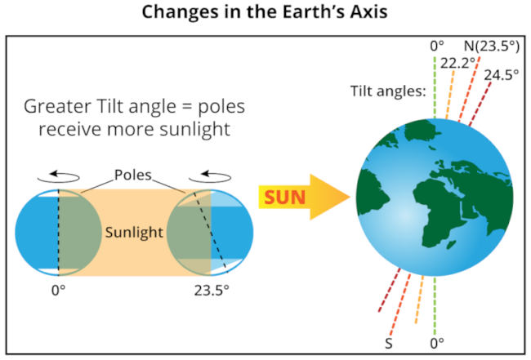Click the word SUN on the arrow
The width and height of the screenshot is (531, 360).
285,198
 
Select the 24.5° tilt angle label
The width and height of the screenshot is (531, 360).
502,75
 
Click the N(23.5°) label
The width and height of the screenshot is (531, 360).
491,46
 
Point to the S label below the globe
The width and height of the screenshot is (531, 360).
389,343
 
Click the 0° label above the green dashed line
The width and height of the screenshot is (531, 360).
437,46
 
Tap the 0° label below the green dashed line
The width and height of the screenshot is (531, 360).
437,343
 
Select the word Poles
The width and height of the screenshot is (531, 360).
132,175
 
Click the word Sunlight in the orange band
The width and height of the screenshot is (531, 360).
134,233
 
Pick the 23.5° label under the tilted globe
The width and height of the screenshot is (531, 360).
212,291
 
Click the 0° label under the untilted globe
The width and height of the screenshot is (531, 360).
58,291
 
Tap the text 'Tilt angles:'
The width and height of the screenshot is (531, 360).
388,91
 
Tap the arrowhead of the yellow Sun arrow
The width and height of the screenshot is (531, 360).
350,197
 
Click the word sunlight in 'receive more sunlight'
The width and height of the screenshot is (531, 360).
194,129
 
